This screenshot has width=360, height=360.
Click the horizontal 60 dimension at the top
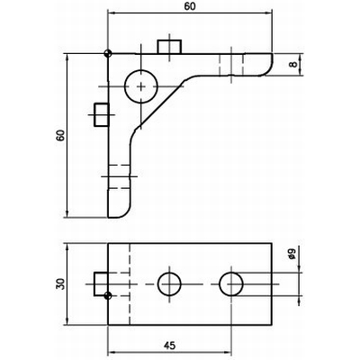tap(189, 5)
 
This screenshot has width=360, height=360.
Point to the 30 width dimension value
tap(60, 284)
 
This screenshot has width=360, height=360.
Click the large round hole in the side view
tap(141, 86)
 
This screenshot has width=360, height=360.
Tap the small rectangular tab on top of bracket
tap(168, 47)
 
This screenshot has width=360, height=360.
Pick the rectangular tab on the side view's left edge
tap(101, 112)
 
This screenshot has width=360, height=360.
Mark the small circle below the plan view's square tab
tap(108, 296)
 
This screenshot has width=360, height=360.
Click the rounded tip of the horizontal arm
tap(268, 66)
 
